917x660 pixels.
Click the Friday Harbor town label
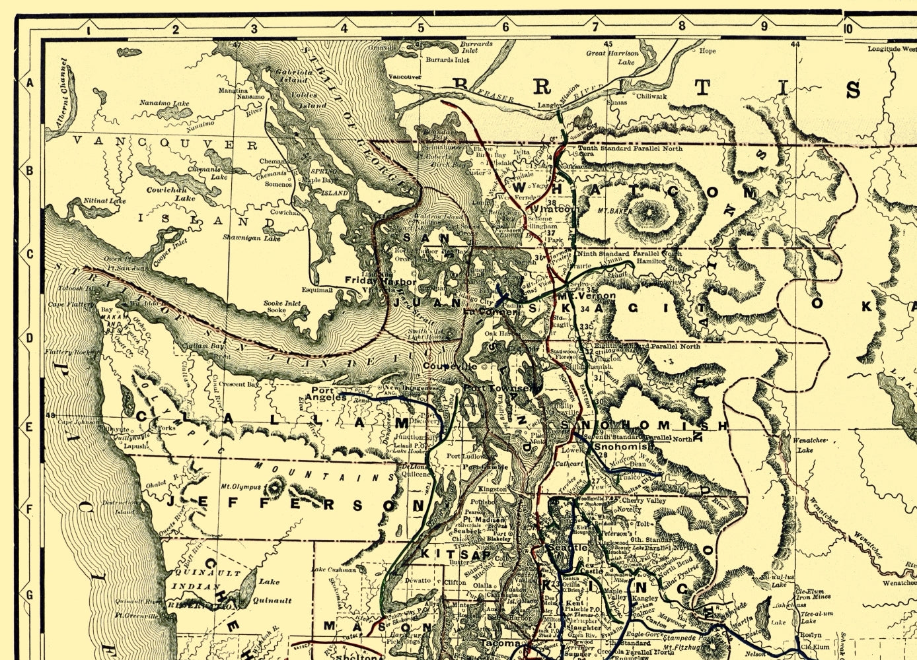pyautogui.click(x=381, y=282)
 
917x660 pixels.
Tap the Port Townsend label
pyautogui.click(x=496, y=388)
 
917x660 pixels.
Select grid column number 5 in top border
pyautogui.click(x=421, y=28)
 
